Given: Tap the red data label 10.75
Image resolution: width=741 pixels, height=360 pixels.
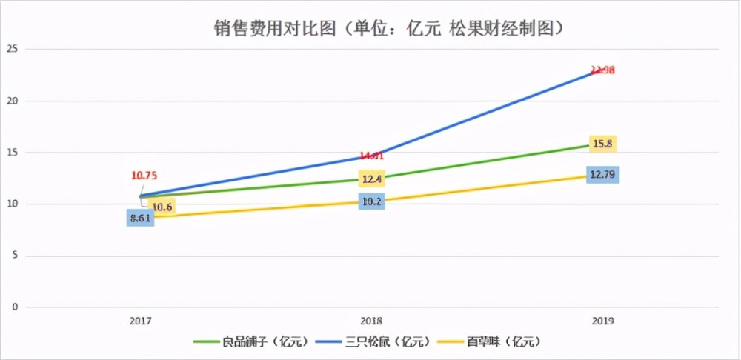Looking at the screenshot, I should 144,176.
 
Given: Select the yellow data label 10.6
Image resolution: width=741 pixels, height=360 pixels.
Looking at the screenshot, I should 161,207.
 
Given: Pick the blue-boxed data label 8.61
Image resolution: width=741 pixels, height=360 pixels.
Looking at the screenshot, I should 141,219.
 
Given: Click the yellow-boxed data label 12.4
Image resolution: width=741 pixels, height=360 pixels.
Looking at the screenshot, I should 372,179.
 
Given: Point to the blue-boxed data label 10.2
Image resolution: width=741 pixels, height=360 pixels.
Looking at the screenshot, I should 372,201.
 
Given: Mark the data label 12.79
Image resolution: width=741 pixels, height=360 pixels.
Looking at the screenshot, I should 602,176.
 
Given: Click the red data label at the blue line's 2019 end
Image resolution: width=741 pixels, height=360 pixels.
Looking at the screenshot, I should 602,70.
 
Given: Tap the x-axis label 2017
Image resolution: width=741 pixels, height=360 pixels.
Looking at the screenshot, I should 141,321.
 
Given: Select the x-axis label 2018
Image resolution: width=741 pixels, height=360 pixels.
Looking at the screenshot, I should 372,321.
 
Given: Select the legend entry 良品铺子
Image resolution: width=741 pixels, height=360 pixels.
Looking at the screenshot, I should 248,341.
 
